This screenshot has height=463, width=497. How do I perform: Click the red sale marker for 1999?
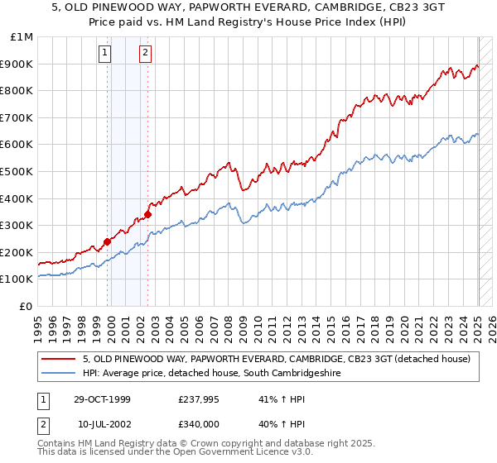[108, 242]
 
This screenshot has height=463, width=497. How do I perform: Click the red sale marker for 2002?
[147, 214]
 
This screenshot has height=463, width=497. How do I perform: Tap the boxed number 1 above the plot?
[106, 55]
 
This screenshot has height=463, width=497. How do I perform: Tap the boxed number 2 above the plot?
[145, 55]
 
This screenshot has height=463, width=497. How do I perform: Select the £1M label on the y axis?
[22, 37]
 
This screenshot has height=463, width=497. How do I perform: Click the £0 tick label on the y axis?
[25, 306]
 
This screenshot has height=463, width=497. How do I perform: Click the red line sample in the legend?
[60, 359]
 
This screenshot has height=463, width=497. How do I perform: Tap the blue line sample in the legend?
[60, 374]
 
